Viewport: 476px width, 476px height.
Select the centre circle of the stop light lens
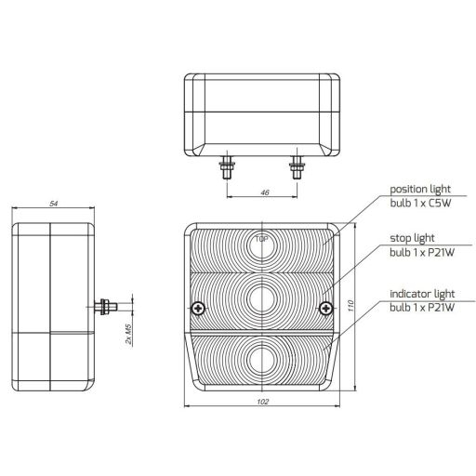point(261,297)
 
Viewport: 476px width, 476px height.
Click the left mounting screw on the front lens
point(197,309)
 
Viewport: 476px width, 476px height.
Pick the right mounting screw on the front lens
point(324,309)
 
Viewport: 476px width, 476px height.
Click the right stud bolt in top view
point(297,169)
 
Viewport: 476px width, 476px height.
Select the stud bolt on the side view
point(109,305)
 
